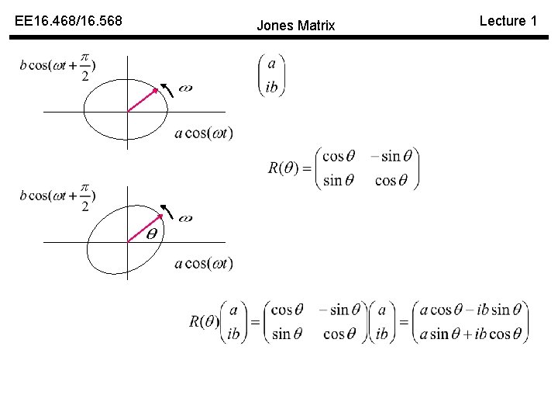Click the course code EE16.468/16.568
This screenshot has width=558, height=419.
tap(68, 22)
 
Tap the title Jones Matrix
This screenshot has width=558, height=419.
tap(295, 26)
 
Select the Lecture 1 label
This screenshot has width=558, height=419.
tap(508, 21)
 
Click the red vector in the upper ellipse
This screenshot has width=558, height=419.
tap(143, 100)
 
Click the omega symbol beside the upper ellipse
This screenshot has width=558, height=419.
tap(185, 88)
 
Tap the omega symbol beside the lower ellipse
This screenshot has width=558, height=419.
tap(185, 219)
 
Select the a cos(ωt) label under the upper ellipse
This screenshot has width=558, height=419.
tap(204, 133)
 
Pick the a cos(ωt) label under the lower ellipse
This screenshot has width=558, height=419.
tap(204, 264)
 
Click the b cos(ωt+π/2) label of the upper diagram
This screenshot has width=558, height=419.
tap(59, 66)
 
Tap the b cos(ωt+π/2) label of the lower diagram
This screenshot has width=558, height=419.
tap(59, 196)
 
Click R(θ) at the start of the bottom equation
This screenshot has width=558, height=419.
tap(205, 321)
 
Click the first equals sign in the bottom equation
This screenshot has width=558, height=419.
tap(253, 322)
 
